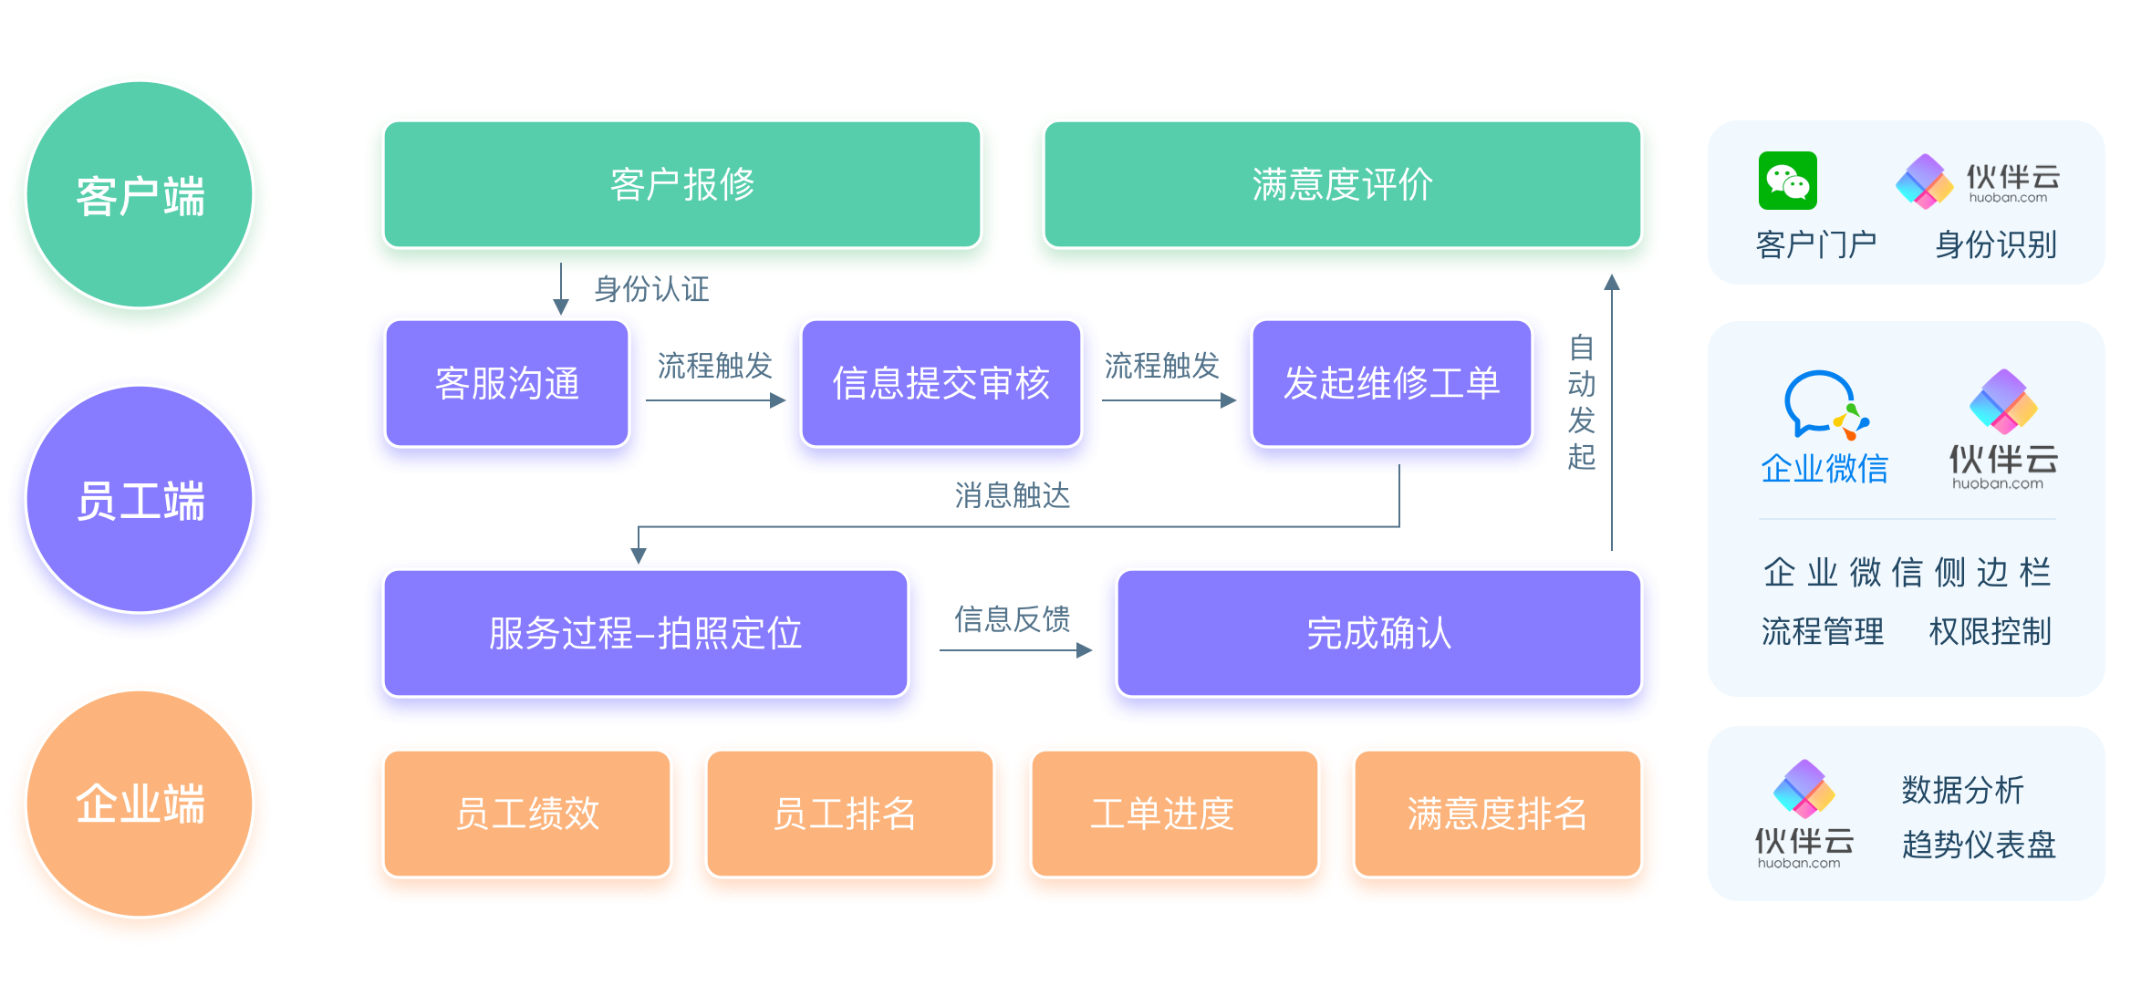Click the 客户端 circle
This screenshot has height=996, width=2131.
click(x=140, y=195)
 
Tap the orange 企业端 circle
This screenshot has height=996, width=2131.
click(x=140, y=804)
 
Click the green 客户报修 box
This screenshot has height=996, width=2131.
click(x=682, y=184)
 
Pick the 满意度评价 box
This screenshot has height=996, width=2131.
click(x=1342, y=184)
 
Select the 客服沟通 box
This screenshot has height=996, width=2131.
click(x=507, y=383)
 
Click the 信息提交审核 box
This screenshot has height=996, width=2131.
click(x=941, y=383)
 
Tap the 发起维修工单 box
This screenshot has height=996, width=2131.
click(x=1391, y=383)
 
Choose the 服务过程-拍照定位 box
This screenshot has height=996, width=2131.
click(x=645, y=633)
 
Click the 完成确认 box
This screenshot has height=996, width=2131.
click(x=1378, y=633)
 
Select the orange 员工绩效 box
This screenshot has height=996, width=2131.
click(x=527, y=814)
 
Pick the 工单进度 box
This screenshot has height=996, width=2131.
click(x=1161, y=814)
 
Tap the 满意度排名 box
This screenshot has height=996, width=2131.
click(x=1497, y=814)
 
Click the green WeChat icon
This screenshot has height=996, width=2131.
click(x=1787, y=181)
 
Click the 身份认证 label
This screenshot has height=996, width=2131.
click(x=651, y=289)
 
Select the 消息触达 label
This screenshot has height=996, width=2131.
click(x=1012, y=495)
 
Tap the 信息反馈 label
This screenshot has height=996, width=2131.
click(x=1012, y=619)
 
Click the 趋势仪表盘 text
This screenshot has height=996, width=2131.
click(x=1979, y=845)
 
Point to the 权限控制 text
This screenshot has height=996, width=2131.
click(x=1990, y=631)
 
